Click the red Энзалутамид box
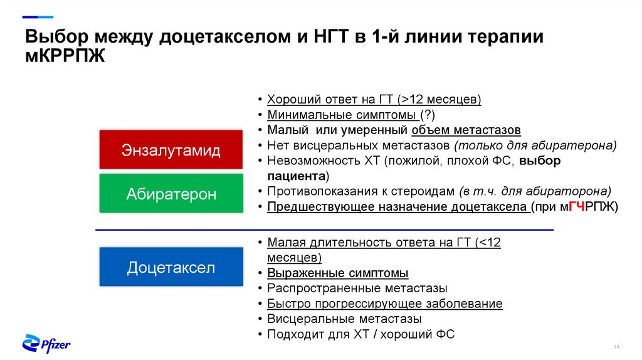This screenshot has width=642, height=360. click(171, 151)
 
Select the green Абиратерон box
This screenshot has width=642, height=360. click(171, 194)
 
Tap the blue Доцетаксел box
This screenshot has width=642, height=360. click(171, 268)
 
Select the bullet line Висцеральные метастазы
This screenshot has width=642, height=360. click(331, 319)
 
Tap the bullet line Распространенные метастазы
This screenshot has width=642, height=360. click(357, 289)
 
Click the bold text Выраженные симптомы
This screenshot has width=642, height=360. click(337, 273)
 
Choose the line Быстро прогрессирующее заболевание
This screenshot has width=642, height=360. click(384, 304)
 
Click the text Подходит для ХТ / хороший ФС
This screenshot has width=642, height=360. click(360, 334)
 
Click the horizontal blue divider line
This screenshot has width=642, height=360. click(324, 230)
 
